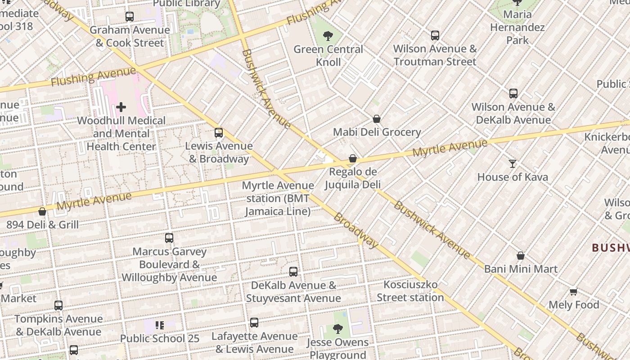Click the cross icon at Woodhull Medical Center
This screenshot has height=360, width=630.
pyautogui.click(x=121, y=107)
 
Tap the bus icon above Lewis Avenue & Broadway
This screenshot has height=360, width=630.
pyautogui.click(x=219, y=133)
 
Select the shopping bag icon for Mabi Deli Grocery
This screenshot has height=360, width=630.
pyautogui.click(x=377, y=119)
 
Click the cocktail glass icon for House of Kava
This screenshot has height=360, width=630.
pyautogui.click(x=513, y=163)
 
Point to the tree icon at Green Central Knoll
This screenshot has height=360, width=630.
pyautogui.click(x=328, y=36)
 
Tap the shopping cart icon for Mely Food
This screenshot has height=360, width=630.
pyautogui.click(x=573, y=292)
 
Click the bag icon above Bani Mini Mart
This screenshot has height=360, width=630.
pyautogui.click(x=521, y=256)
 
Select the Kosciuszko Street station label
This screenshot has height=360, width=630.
pyautogui.click(x=410, y=291)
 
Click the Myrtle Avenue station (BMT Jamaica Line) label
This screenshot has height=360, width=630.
pyautogui.click(x=278, y=198)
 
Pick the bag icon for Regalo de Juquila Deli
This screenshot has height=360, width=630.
pyautogui.click(x=353, y=158)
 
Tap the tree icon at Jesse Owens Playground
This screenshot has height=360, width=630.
pyautogui.click(x=338, y=329)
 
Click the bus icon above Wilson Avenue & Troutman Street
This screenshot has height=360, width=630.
pyautogui.click(x=435, y=35)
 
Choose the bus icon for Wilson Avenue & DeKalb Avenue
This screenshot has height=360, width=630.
pyautogui.click(x=513, y=94)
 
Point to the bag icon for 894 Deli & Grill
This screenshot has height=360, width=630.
pyautogui.click(x=42, y=211)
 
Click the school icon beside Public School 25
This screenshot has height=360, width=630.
pyautogui.click(x=159, y=325)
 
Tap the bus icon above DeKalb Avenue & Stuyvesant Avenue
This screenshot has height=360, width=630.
pyautogui.click(x=293, y=272)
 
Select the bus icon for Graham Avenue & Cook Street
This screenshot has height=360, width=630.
pyautogui.click(x=130, y=17)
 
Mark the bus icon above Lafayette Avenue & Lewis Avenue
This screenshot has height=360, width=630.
pyautogui.click(x=254, y=323)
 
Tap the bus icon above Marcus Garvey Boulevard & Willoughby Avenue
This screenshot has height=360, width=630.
pyautogui.click(x=169, y=238)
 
